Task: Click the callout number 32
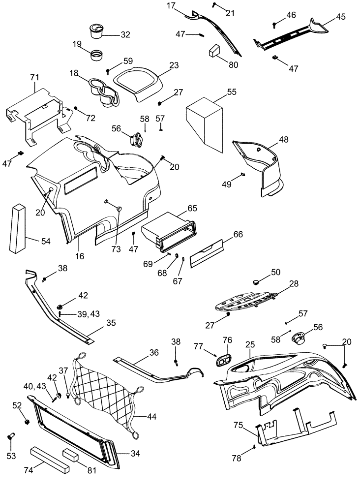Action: (x=125, y=34)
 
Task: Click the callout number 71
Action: (x=34, y=77)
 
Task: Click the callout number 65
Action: (x=192, y=208)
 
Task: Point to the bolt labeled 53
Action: (x=11, y=436)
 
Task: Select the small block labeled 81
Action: (x=71, y=455)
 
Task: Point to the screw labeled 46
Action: (x=274, y=24)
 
